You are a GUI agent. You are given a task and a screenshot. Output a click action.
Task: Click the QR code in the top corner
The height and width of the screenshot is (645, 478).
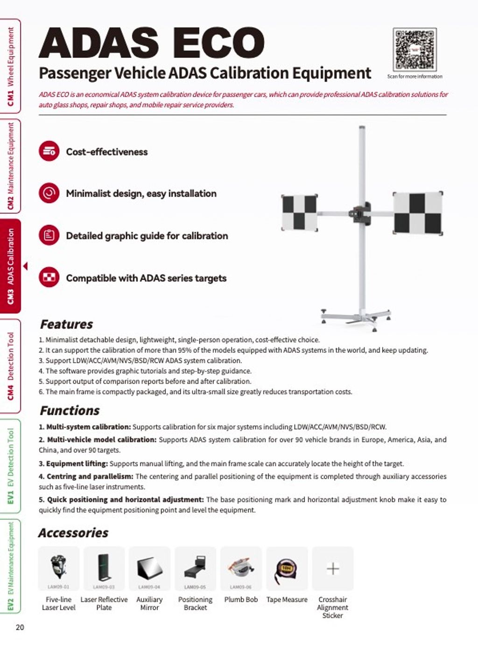[x=415, y=49]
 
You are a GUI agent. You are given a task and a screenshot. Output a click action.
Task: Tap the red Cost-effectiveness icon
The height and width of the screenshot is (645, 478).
[x=49, y=151]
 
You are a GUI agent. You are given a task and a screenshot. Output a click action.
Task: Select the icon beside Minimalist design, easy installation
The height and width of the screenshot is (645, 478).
[x=49, y=193]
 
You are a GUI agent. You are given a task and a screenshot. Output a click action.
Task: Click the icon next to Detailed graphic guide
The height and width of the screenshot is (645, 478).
[x=49, y=235]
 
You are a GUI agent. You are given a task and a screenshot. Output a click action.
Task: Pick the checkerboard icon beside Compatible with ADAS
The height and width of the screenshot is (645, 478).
[x=49, y=278]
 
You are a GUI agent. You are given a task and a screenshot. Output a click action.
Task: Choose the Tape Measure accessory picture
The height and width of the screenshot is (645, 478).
[x=287, y=568]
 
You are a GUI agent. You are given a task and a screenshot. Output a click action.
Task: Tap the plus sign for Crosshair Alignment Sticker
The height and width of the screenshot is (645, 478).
[x=333, y=568]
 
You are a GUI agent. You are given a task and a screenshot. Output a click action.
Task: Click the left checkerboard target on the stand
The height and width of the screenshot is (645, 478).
[x=300, y=213]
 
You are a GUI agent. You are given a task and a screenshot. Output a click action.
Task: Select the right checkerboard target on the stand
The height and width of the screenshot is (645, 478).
[x=417, y=213]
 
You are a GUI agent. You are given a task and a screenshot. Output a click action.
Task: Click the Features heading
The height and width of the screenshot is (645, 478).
[x=66, y=324]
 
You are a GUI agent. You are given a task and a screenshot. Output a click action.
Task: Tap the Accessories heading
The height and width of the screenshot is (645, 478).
[x=73, y=533]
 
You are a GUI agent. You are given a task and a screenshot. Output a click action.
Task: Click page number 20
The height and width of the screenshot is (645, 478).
[x=20, y=627]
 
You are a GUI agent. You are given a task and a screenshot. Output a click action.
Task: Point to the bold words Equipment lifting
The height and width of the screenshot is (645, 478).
[x=77, y=463]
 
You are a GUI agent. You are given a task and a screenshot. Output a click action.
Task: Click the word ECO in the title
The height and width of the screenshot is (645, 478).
[x=218, y=43]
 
